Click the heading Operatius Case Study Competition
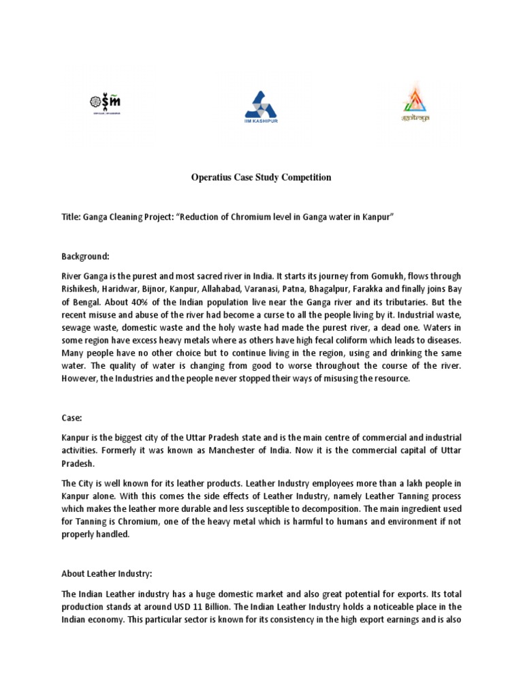tap(261, 177)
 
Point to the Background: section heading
tap(85, 256)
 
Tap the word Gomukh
tap(391, 275)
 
